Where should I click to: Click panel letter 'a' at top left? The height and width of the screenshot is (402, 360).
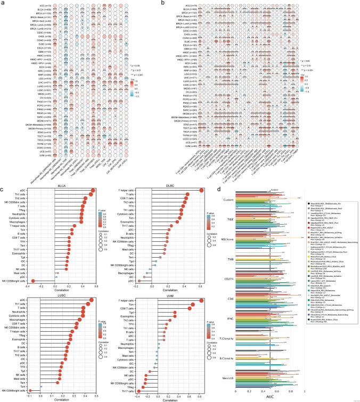3,3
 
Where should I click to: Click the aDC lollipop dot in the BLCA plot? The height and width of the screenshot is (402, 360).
94,190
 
